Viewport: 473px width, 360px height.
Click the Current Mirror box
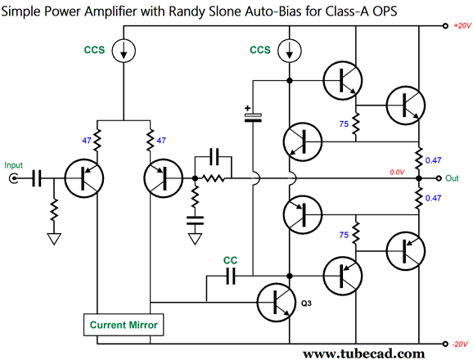pos(124,325)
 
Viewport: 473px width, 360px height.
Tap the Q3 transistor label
pos(306,304)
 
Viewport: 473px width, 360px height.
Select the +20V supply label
pos(462,26)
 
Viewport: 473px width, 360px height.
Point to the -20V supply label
pos(461,344)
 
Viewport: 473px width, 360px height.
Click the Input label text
pos(14,165)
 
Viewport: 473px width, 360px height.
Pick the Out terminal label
pos(452,178)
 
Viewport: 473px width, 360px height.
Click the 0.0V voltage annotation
pos(397,172)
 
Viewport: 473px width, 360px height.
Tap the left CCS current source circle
pos(124,51)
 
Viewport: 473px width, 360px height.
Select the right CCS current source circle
pos(290,51)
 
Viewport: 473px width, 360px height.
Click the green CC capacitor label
pos(230,260)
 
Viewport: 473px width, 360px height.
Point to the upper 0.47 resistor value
pos(433,160)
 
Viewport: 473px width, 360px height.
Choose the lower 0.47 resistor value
pos(433,198)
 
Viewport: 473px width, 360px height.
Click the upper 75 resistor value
pos(344,124)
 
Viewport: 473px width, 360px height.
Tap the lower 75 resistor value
pos(344,235)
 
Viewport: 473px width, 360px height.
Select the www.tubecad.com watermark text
pos(364,353)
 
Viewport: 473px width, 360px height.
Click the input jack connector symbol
pos(14,178)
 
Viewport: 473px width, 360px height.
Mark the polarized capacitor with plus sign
pos(253,116)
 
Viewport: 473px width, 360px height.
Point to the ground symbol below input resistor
pos(54,238)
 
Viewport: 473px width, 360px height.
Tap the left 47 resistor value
pos(87,141)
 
